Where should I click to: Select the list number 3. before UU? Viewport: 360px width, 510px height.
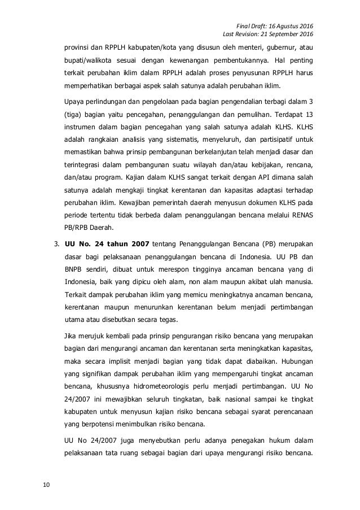(x=56, y=245)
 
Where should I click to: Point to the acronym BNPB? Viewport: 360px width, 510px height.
(x=74, y=271)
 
